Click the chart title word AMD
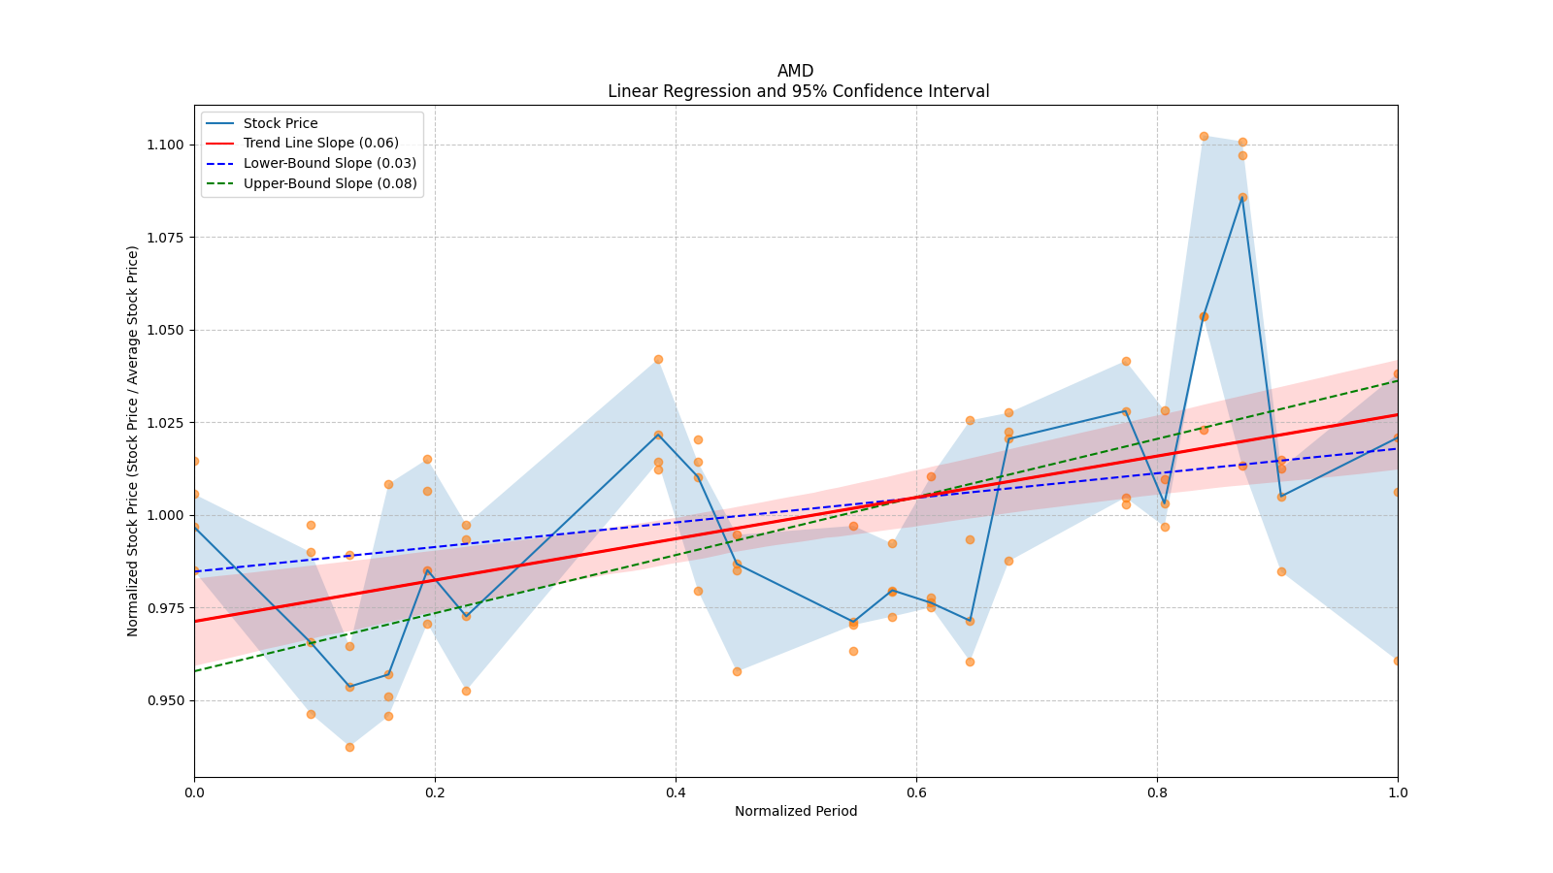point(795,71)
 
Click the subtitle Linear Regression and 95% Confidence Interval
point(798,91)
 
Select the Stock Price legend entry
point(281,123)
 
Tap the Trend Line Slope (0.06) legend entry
point(320,143)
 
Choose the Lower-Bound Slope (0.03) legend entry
point(329,163)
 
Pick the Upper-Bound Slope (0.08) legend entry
point(329,183)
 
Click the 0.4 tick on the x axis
point(676,792)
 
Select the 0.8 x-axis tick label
point(1157,792)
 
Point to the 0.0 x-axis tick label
point(194,792)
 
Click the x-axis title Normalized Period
point(796,811)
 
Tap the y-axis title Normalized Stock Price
point(133,440)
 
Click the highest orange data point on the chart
point(1204,136)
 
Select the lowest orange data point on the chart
point(349,747)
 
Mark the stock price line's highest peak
point(1242,197)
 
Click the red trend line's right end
point(1397,414)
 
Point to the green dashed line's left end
point(195,671)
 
